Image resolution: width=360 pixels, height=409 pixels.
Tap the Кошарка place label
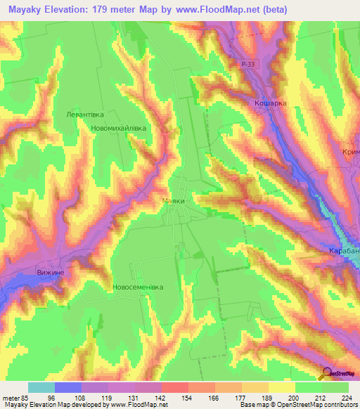coord(270,103)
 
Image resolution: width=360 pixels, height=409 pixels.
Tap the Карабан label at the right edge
coord(344,251)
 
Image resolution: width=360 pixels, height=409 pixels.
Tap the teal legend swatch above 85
coord(41,387)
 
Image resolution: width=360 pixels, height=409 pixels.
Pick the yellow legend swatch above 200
coord(281,387)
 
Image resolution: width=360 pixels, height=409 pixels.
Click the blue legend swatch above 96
coord(67,387)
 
